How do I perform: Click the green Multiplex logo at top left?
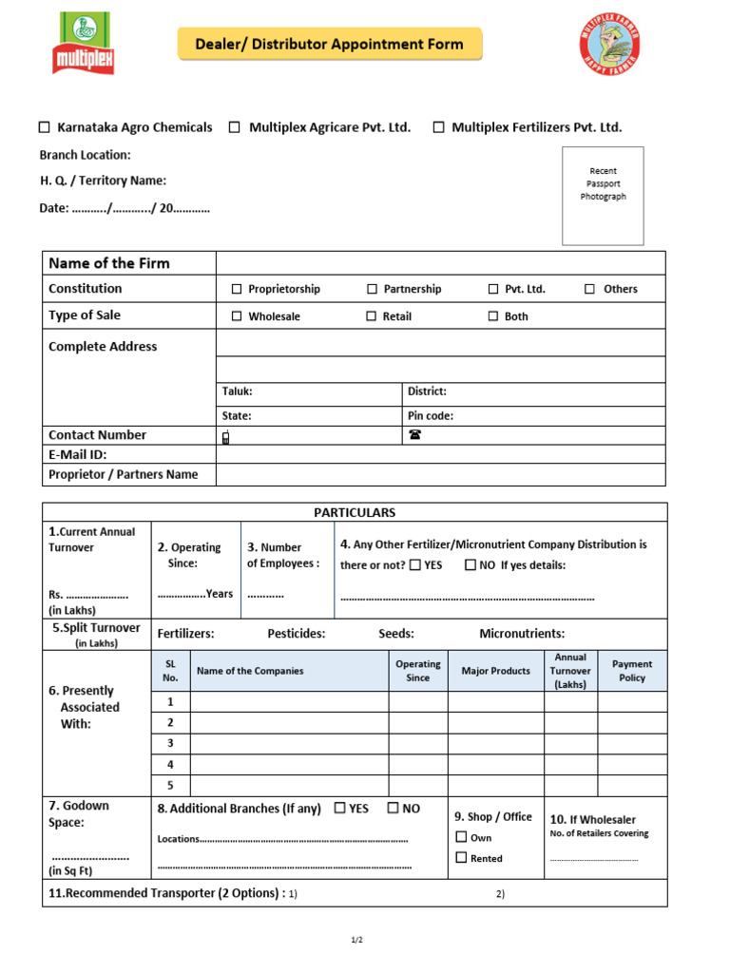tap(83, 44)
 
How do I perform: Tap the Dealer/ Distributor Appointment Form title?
tap(330, 45)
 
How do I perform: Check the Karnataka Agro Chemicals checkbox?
tap(44, 127)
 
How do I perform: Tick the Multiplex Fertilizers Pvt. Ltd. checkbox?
tap(438, 127)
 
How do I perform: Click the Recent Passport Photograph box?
tap(603, 196)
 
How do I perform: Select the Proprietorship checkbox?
tap(237, 289)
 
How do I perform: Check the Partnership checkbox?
tap(372, 289)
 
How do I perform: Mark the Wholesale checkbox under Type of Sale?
tap(237, 316)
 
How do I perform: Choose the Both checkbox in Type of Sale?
tap(492, 316)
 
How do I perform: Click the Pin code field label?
tap(431, 415)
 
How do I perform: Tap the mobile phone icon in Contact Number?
tap(225, 437)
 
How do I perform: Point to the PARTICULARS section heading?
tap(355, 512)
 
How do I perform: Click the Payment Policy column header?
tap(632, 671)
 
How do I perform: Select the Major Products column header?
tap(495, 671)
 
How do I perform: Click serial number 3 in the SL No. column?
tap(170, 743)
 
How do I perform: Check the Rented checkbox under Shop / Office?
tap(461, 858)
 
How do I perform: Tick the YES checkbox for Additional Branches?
tap(339, 809)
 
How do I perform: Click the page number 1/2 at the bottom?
tap(356, 940)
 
